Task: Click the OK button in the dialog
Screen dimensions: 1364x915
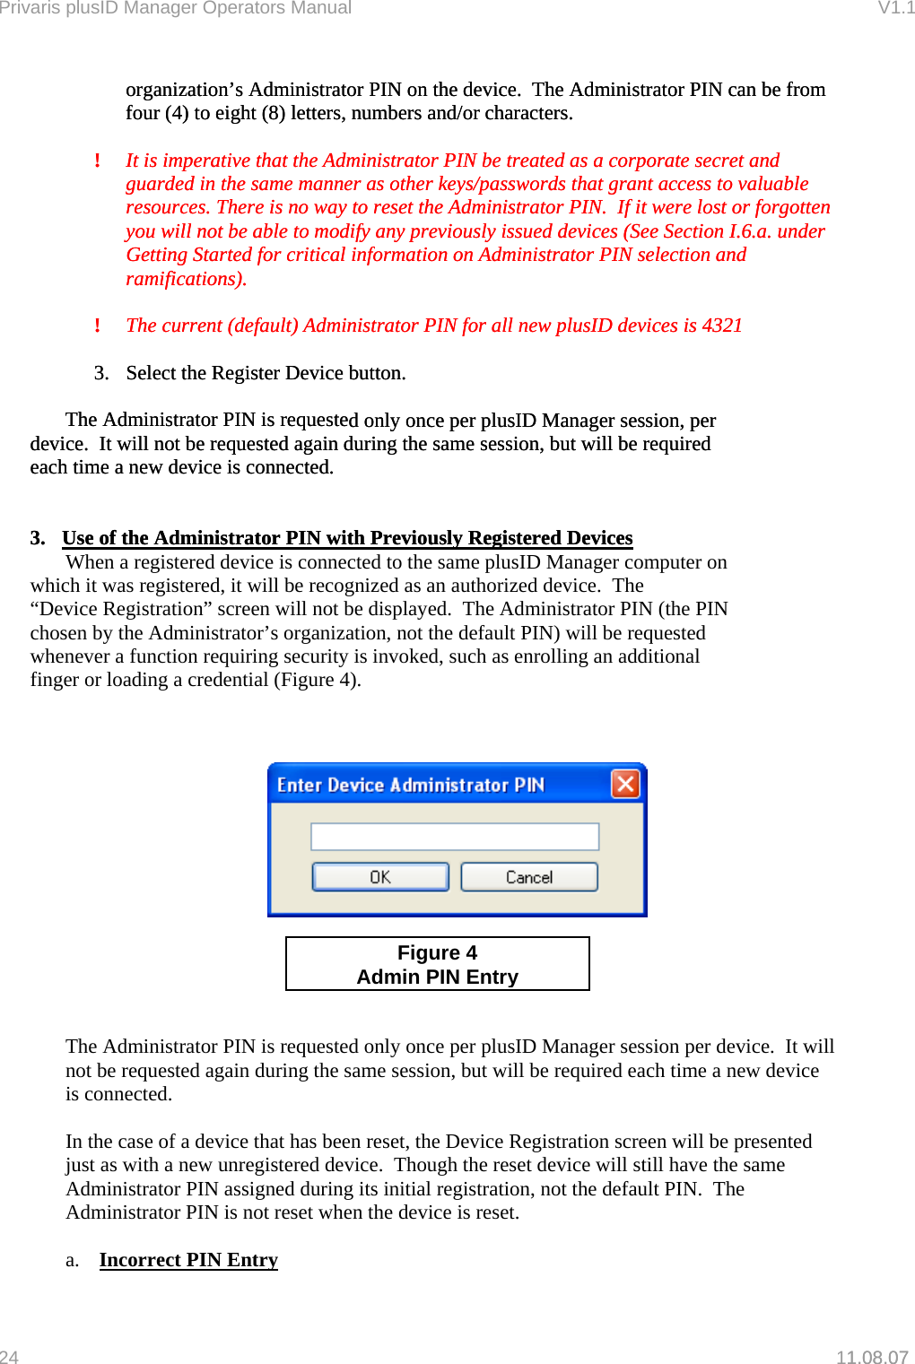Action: click(379, 877)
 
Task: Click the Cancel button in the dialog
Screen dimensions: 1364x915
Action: click(528, 877)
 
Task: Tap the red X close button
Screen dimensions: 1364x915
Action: click(625, 784)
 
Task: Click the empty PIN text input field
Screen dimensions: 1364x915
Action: click(454, 837)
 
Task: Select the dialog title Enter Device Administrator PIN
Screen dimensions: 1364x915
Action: click(410, 785)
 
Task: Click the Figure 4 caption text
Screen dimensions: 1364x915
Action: click(437, 952)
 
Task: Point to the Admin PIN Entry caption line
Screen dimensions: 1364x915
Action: click(437, 977)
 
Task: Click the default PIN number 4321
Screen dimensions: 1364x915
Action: click(722, 326)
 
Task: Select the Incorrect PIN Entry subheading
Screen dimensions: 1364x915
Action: click(188, 1260)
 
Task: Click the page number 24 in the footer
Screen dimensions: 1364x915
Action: click(9, 1357)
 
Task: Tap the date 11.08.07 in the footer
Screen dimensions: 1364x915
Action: click(872, 1357)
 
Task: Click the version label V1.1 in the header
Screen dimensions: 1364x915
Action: click(895, 8)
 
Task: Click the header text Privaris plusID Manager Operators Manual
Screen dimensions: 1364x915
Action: click(176, 8)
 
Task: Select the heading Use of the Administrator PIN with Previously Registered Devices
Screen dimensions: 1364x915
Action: click(347, 538)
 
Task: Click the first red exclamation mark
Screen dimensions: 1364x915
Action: click(97, 161)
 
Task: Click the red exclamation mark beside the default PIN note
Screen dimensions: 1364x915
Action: click(97, 326)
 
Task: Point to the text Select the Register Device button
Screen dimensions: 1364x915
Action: click(266, 373)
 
